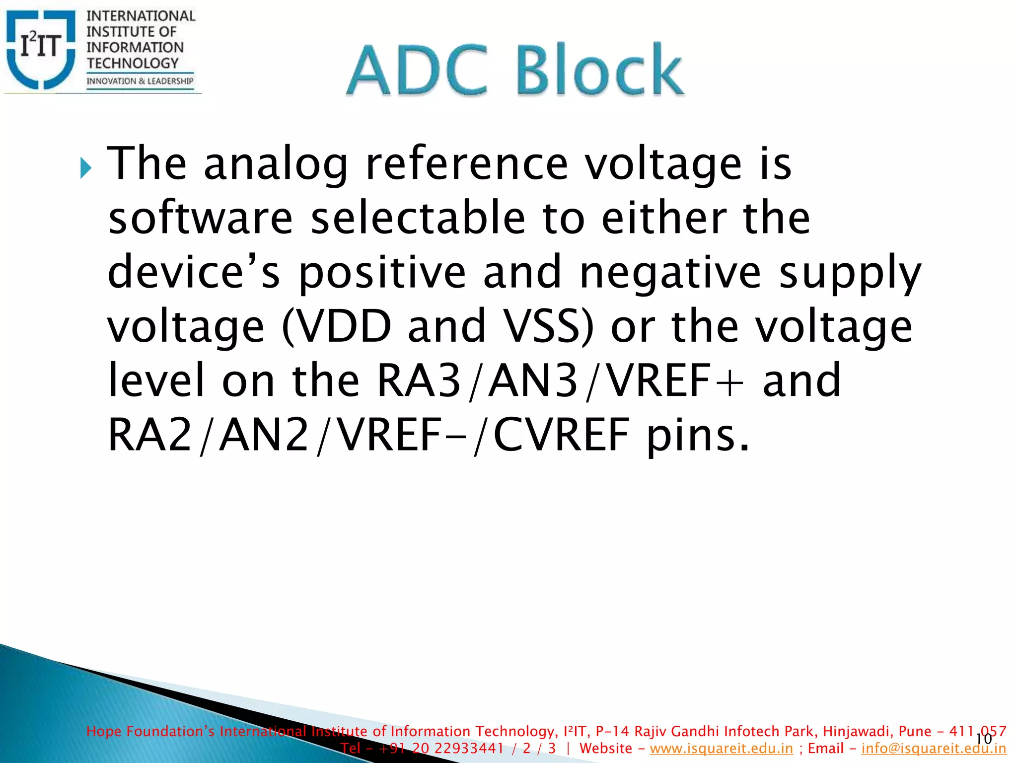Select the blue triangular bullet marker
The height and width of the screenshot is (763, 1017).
(x=85, y=168)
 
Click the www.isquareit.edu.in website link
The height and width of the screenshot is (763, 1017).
(x=721, y=749)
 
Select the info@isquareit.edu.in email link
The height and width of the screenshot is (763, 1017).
(x=933, y=749)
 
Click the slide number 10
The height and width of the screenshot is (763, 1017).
(x=983, y=739)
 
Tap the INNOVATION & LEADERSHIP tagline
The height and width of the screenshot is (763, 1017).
(x=140, y=81)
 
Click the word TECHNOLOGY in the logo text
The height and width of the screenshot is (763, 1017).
(x=133, y=63)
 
